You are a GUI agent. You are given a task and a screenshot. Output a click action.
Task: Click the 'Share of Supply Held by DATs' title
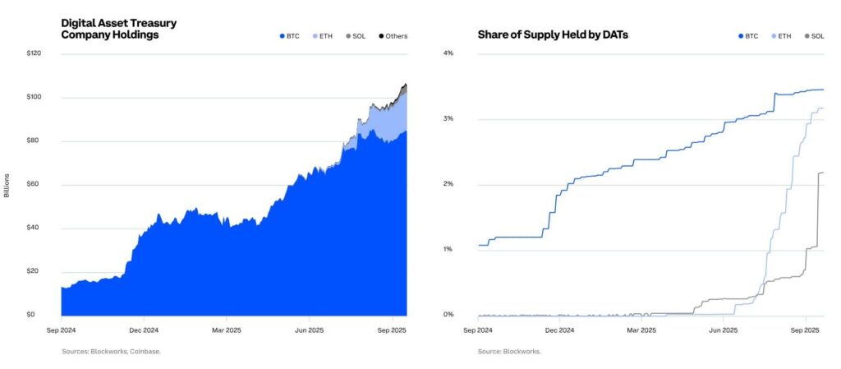point(553,36)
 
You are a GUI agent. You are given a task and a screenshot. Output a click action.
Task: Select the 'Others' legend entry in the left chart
point(393,36)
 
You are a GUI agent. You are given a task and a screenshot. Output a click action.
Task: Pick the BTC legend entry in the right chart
point(747,36)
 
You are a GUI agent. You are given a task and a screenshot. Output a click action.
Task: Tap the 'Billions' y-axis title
point(7,184)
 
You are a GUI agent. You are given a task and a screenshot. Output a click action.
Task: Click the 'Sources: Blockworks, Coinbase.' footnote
point(111,352)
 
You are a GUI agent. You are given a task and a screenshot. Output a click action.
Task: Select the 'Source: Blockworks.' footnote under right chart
point(509,352)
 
